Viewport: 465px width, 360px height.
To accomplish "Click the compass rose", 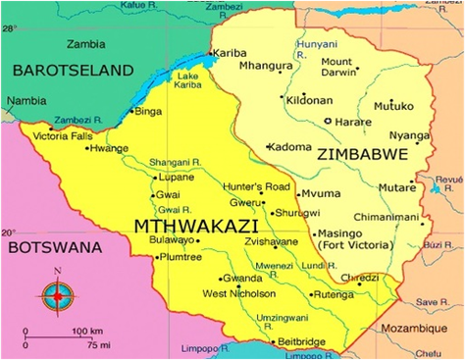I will coord(58,292).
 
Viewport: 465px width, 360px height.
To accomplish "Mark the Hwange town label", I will coord(108,149).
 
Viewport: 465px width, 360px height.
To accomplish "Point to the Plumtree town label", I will coord(180,257).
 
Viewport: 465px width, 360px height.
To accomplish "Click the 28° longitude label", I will coord(9,28).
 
